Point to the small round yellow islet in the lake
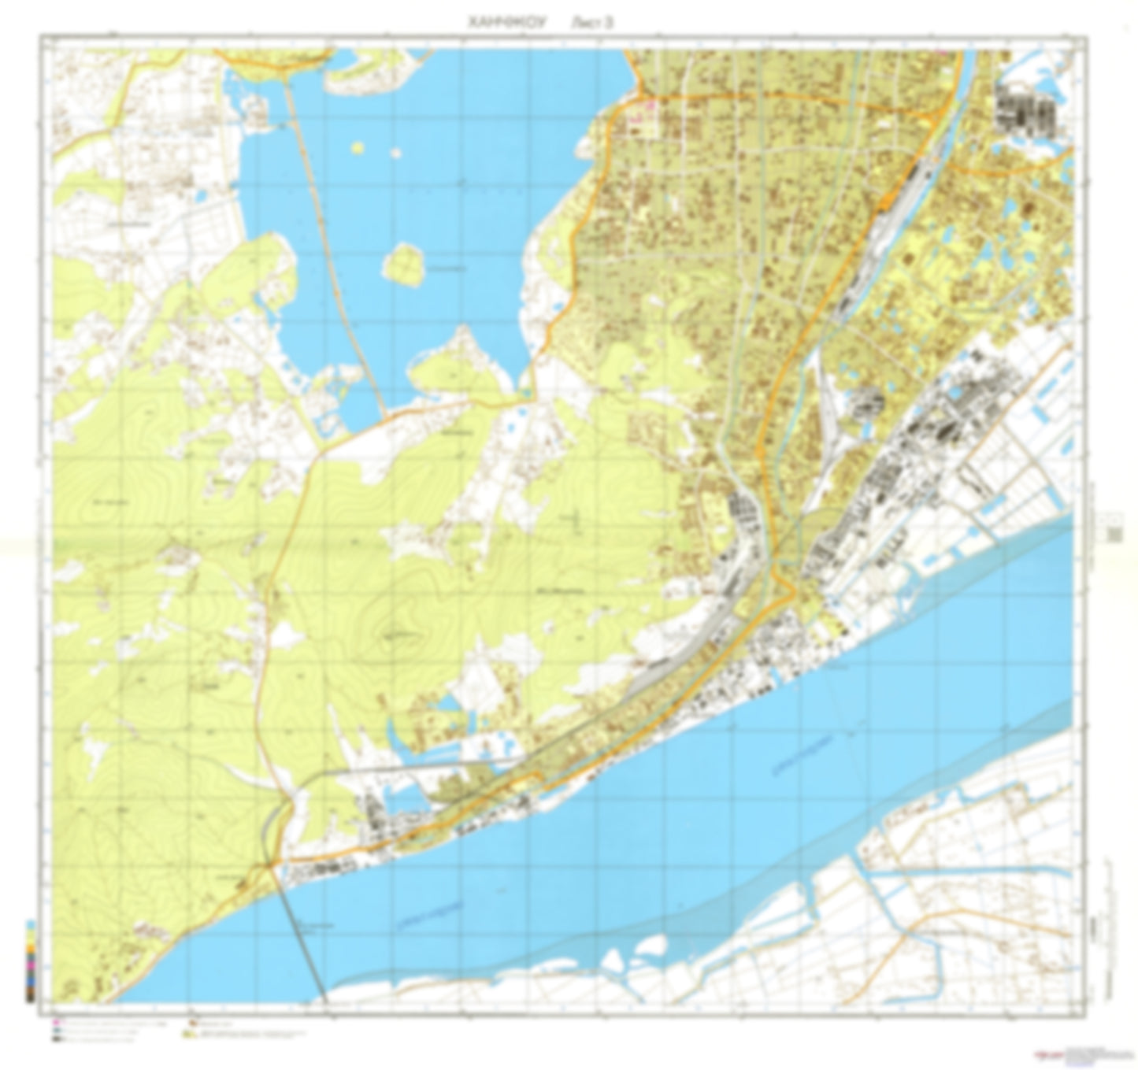pos(359,146)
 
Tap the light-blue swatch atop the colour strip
pos(30,924)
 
